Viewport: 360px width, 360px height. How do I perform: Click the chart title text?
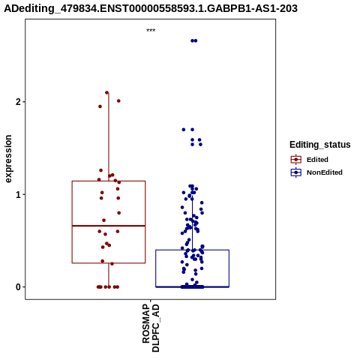point(151,8)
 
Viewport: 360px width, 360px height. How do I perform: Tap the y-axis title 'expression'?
point(8,159)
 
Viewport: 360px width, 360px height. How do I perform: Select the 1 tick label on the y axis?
point(18,194)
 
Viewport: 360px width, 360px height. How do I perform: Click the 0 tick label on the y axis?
point(18,287)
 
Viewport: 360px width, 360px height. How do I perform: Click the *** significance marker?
point(151,31)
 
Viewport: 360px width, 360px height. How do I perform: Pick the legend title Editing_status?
point(320,145)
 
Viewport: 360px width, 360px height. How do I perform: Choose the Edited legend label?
point(317,160)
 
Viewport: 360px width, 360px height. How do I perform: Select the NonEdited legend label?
point(325,172)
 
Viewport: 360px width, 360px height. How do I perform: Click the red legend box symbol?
point(296,160)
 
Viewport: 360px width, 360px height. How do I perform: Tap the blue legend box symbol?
point(296,172)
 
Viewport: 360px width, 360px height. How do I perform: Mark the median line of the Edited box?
point(109,226)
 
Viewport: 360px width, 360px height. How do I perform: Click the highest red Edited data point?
point(106,92)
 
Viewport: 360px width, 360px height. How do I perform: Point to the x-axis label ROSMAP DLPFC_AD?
point(151,328)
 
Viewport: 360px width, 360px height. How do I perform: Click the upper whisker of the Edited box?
point(109,136)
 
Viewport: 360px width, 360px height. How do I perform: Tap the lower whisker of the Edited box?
point(109,275)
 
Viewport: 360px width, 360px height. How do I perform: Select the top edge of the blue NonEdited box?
point(193,250)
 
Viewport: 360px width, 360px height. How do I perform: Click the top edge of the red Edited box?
point(109,181)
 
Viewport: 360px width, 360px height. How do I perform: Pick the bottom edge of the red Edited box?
point(109,263)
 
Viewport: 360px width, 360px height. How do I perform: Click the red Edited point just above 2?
point(118,101)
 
